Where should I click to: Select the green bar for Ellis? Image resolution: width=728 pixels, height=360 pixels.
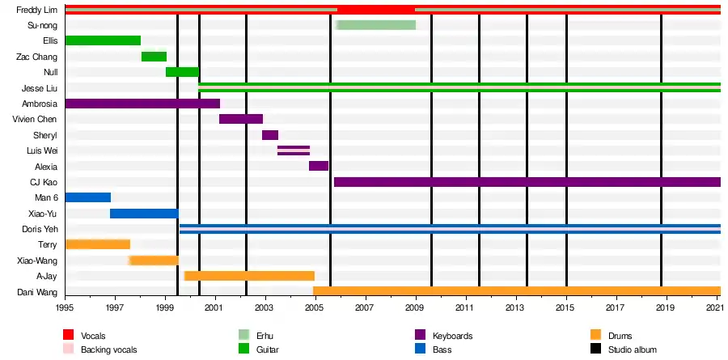tap(103, 40)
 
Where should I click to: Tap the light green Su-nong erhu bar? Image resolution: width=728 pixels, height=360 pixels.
tap(375, 25)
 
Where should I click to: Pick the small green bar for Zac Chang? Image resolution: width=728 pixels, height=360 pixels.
tap(154, 57)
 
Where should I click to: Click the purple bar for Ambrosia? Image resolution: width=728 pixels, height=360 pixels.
tap(142, 104)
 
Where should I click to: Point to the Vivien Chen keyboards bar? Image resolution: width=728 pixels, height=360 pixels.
tap(240, 119)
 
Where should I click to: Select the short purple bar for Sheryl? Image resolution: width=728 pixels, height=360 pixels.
tap(270, 135)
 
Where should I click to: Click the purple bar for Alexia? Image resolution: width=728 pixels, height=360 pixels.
tap(319, 166)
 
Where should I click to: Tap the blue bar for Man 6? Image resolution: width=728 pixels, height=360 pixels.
tap(87, 197)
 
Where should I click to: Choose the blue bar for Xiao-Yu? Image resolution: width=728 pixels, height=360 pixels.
tap(144, 214)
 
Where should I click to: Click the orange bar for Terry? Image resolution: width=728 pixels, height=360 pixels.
tap(97, 244)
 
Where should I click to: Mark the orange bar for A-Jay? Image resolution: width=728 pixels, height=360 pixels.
tap(249, 276)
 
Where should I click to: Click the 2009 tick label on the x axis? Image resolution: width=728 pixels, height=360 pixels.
tap(416, 308)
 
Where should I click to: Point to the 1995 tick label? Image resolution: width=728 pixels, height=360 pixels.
tap(66, 308)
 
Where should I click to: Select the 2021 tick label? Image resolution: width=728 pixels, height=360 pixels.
tap(715, 308)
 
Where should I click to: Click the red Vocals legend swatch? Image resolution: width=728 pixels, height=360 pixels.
tap(70, 335)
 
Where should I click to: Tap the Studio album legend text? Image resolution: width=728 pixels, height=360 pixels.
tap(635, 349)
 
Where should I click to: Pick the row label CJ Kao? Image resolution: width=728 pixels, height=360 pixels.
tap(42, 182)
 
